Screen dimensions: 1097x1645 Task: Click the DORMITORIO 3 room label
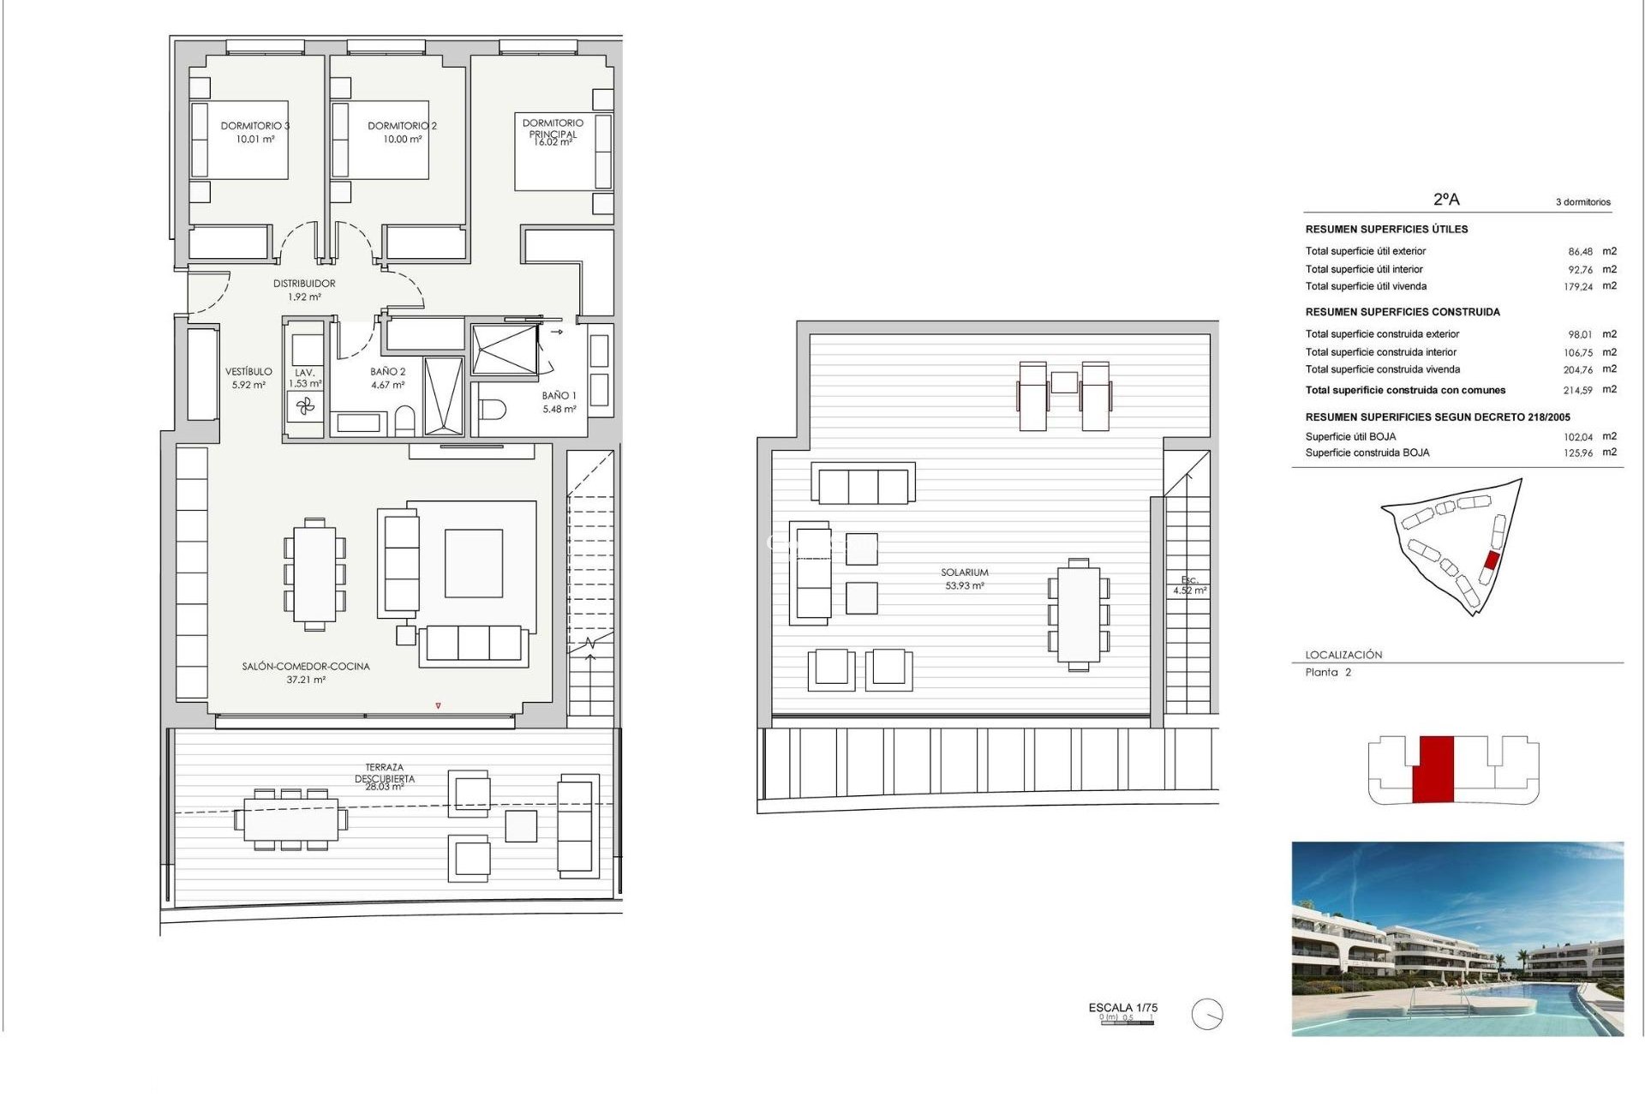point(254,126)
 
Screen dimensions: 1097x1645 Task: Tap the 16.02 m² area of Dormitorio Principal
point(553,143)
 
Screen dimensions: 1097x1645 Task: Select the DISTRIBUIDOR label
point(304,284)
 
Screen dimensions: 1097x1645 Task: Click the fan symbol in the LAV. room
point(306,406)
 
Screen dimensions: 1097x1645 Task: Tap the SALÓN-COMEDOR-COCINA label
point(306,666)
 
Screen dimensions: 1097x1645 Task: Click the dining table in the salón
point(314,574)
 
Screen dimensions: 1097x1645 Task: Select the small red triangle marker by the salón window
point(438,706)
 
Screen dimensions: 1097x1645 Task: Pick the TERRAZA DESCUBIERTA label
point(385,773)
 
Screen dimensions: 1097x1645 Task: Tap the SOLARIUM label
point(964,572)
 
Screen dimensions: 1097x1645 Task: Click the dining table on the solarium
point(1079,614)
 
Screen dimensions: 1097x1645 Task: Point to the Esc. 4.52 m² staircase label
point(1189,585)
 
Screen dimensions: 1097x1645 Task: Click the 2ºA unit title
point(1446,200)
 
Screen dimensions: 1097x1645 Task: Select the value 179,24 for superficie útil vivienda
point(1577,287)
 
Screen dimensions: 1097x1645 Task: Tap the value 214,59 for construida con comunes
point(1577,391)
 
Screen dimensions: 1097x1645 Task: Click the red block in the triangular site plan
point(1491,561)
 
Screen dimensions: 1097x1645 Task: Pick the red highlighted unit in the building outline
point(1433,769)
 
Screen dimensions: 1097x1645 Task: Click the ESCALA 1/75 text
point(1122,1008)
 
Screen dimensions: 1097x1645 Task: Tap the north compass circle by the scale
point(1206,1015)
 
